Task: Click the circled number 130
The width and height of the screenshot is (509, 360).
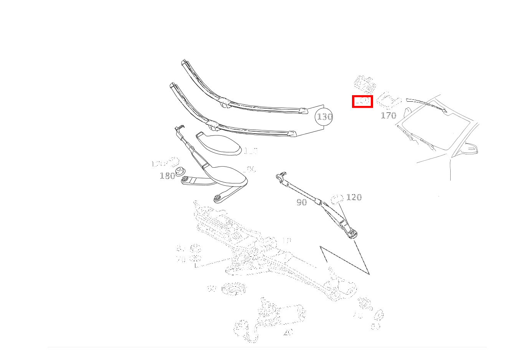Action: click(324, 117)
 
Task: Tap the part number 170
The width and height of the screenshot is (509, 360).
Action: click(388, 115)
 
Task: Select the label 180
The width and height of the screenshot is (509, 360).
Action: click(167, 176)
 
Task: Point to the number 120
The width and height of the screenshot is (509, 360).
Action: click(354, 197)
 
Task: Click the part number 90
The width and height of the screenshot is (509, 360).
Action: click(302, 203)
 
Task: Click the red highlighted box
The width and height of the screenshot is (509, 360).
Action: click(362, 101)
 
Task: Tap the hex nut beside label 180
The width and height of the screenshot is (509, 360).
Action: click(179, 171)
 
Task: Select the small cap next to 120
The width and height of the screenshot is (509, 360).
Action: click(337, 199)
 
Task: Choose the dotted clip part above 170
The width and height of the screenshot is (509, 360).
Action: click(388, 99)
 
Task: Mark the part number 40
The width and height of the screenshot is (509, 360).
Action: click(288, 333)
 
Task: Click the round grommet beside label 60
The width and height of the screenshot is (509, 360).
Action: click(234, 289)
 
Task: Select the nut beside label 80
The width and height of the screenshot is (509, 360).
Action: click(195, 248)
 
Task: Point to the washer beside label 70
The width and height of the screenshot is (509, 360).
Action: click(195, 258)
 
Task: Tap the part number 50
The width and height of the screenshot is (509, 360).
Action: click(375, 327)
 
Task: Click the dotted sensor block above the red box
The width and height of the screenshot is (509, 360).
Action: click(364, 84)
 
